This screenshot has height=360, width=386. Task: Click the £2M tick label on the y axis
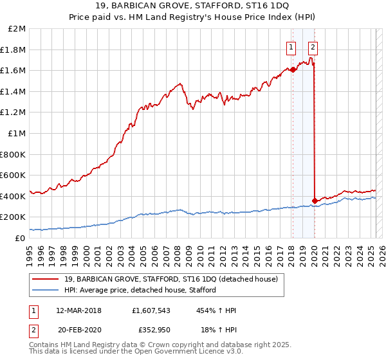tap(17, 29)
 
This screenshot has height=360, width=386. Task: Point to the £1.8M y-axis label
tap(14, 50)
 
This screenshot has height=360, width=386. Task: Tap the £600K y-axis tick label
tap(13, 175)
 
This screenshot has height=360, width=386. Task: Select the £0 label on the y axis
tap(19, 238)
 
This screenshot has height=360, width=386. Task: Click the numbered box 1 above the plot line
tap(291, 46)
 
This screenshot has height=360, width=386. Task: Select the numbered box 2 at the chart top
tap(313, 46)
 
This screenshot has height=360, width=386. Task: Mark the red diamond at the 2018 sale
tap(293, 69)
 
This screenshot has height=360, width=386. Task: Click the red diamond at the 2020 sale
tap(315, 201)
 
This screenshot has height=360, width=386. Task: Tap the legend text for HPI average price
tap(140, 290)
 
